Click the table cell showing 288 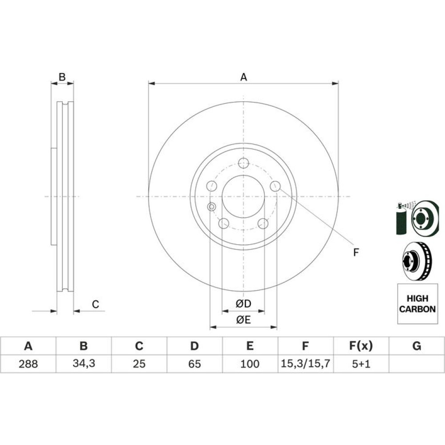tap(28, 364)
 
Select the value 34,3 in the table tap(84, 364)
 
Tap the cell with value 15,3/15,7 tap(305, 364)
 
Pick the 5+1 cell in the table tap(361, 364)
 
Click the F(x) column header tap(361, 346)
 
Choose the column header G tap(417, 346)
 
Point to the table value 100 tap(250, 364)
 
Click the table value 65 tap(194, 364)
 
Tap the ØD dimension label tap(243, 303)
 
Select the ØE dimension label tap(243, 320)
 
